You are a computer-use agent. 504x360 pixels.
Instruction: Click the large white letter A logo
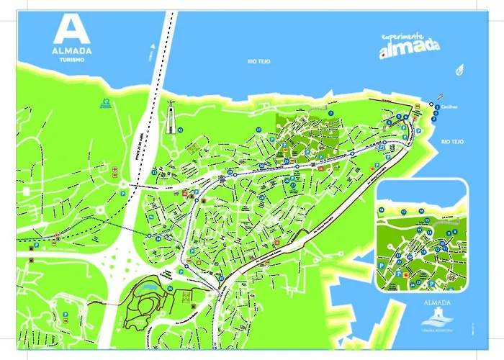point(71,30)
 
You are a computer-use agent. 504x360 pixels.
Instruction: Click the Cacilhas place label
point(450,106)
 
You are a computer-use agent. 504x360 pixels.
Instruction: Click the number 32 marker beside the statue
point(181,130)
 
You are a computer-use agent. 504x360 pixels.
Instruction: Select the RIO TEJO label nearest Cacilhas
point(453,142)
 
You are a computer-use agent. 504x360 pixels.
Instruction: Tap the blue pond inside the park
point(149,287)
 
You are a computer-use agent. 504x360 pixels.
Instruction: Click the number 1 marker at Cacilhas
point(434,106)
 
